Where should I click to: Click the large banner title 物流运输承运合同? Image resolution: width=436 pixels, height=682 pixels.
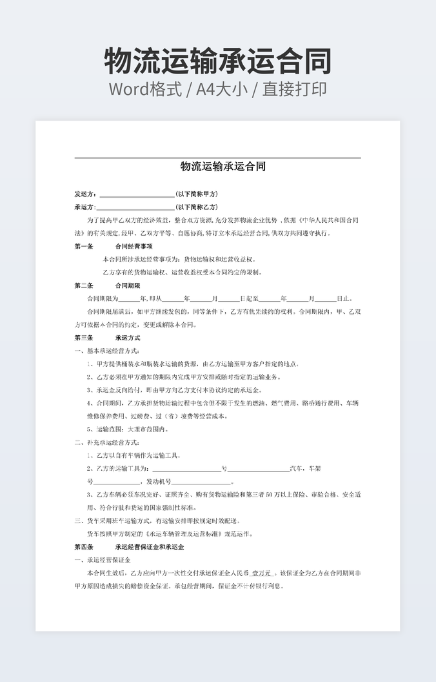(x=218, y=61)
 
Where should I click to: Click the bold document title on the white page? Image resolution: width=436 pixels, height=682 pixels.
(x=223, y=167)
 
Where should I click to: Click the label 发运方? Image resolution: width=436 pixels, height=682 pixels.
(x=85, y=194)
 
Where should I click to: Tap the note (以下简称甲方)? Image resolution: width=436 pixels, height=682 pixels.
(x=197, y=194)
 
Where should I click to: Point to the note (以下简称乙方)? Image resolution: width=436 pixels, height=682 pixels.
(x=197, y=207)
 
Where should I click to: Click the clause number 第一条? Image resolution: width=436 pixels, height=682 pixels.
(x=84, y=246)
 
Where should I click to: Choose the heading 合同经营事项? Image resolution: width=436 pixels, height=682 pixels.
(x=134, y=246)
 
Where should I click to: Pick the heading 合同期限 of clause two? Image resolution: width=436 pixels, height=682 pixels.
(x=128, y=285)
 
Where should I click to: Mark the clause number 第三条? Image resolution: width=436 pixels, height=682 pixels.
(x=84, y=338)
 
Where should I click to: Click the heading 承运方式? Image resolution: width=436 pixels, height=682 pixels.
(x=128, y=338)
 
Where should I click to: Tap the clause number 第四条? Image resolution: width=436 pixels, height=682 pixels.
(x=84, y=547)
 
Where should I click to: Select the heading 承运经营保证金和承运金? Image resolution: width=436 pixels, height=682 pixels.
(x=150, y=547)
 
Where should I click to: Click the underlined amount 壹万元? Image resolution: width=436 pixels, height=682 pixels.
(x=263, y=573)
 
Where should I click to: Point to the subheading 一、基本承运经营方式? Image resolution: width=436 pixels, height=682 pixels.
(x=107, y=351)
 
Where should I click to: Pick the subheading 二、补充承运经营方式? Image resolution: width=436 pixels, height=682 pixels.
(x=107, y=442)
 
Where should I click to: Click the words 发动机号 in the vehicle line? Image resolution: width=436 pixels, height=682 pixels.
(x=159, y=482)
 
